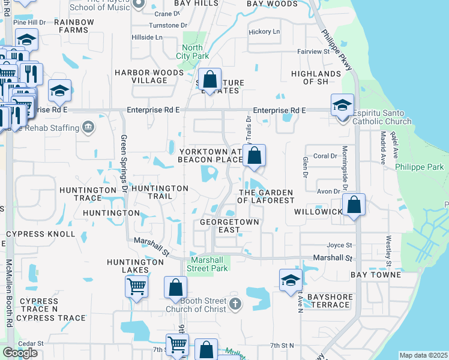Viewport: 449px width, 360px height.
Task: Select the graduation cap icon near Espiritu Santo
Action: coord(342,106)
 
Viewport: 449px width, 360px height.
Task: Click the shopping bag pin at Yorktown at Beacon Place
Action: coord(255,155)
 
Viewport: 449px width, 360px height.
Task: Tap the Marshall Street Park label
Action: coord(208,264)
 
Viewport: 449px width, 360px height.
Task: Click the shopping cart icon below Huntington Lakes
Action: coord(137,286)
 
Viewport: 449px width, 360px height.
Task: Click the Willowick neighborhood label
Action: coord(318,212)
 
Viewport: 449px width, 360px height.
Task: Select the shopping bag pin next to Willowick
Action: coord(355,205)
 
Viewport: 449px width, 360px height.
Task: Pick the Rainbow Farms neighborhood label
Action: coord(74,26)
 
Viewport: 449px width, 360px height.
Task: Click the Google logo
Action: coord(20,353)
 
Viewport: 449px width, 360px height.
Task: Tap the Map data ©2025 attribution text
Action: coord(423,355)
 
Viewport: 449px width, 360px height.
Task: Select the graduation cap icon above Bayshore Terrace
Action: coord(291,280)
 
